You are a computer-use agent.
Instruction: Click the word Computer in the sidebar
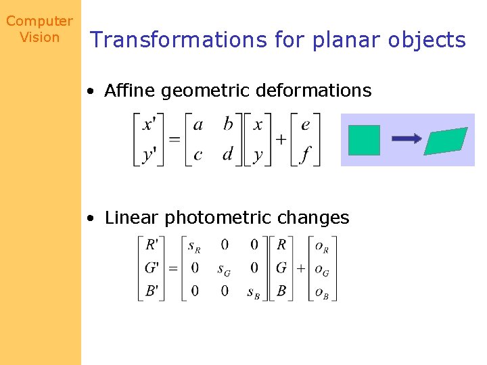coord(39,22)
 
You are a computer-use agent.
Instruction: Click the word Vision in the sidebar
coord(39,37)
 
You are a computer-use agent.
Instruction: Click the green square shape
coord(364,141)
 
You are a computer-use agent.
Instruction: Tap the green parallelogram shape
coord(446,141)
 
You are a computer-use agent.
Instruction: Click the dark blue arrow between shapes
coord(407,139)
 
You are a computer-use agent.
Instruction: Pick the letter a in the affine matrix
coord(198,125)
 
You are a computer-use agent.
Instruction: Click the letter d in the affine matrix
coord(228,154)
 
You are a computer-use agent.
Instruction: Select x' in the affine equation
coord(149,125)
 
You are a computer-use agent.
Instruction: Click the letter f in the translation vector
coord(305,155)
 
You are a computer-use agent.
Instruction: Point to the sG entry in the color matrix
coord(223,268)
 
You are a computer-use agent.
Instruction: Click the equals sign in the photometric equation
coord(172,268)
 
